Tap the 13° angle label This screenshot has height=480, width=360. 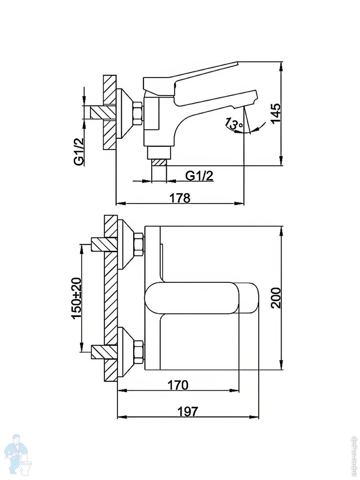click(x=234, y=124)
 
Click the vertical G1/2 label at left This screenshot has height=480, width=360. click(x=79, y=152)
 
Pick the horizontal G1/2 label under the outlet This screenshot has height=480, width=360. click(x=199, y=176)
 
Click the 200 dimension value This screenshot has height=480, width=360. click(x=276, y=298)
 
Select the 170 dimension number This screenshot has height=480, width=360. click(x=178, y=385)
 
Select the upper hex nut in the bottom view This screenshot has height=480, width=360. click(x=139, y=244)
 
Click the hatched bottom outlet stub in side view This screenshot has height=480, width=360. click(x=159, y=163)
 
